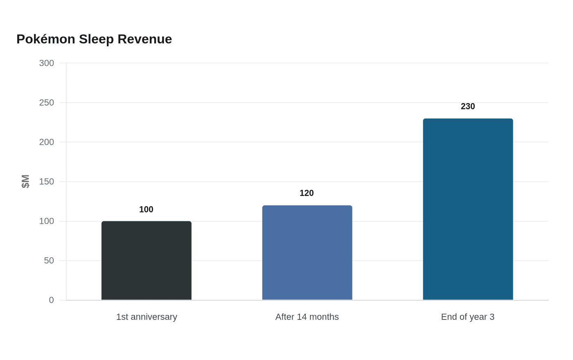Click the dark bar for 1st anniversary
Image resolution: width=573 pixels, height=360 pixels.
click(x=147, y=260)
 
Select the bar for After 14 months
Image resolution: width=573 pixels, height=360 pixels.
click(x=307, y=252)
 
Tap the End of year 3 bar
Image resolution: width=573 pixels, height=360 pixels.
click(x=468, y=209)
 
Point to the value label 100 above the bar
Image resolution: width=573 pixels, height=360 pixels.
click(x=146, y=209)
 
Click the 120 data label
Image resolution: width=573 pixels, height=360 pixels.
click(x=307, y=193)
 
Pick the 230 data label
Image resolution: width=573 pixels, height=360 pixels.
click(x=467, y=106)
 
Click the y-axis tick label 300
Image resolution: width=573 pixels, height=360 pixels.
click(x=46, y=63)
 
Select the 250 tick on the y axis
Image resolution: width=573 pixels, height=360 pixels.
click(x=46, y=103)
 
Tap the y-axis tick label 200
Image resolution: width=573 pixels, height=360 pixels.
click(x=46, y=142)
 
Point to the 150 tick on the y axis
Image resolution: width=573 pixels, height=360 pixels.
click(x=46, y=182)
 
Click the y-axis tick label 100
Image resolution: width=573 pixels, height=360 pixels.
click(x=46, y=221)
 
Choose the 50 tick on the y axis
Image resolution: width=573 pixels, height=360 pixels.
click(x=49, y=261)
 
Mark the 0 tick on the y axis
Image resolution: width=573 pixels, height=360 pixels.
click(x=52, y=300)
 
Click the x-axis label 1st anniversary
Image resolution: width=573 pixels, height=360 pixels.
click(x=147, y=317)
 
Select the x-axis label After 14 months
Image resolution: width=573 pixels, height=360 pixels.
click(x=307, y=317)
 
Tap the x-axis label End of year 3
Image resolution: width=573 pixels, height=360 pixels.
click(x=467, y=317)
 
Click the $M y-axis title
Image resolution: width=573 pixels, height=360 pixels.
click(x=25, y=182)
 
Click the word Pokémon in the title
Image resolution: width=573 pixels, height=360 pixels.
click(x=46, y=39)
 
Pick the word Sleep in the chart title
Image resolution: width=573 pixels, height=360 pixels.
click(x=96, y=40)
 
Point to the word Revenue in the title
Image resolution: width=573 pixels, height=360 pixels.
click(x=145, y=39)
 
